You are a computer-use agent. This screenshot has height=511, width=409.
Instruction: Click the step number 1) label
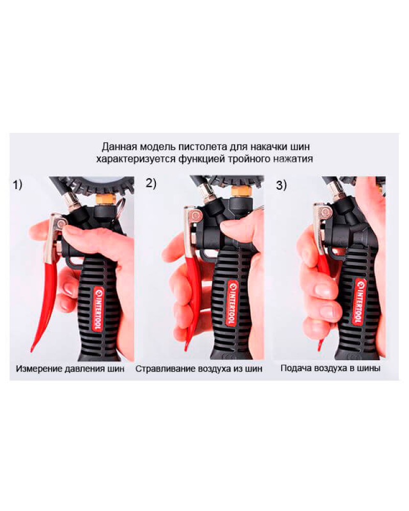click(x=17, y=185)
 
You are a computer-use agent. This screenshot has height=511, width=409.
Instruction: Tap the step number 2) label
click(x=151, y=183)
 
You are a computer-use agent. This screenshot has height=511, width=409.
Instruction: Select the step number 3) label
click(x=282, y=185)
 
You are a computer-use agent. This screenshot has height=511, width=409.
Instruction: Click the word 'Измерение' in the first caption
click(x=39, y=368)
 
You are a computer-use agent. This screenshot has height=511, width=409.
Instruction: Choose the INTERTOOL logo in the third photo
click(x=359, y=301)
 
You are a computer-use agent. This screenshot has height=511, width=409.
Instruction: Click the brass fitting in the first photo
click(x=105, y=198)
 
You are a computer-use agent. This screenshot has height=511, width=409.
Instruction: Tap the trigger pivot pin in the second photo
click(x=196, y=215)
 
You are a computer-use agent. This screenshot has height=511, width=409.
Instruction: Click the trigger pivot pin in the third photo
click(x=325, y=213)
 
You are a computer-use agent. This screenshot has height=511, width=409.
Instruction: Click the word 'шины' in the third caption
click(x=368, y=368)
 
